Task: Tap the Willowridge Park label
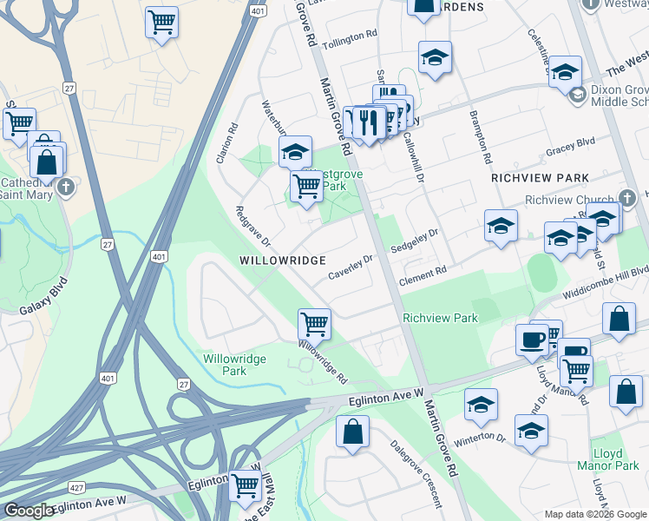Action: [225, 365]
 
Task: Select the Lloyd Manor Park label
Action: [615, 459]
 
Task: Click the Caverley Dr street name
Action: [350, 267]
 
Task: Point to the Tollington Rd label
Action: [350, 39]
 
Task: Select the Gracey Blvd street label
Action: [570, 146]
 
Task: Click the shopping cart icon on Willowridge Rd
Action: [314, 324]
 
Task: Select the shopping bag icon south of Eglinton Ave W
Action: [353, 431]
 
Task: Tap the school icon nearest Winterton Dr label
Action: [481, 404]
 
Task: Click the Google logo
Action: [29, 511]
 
